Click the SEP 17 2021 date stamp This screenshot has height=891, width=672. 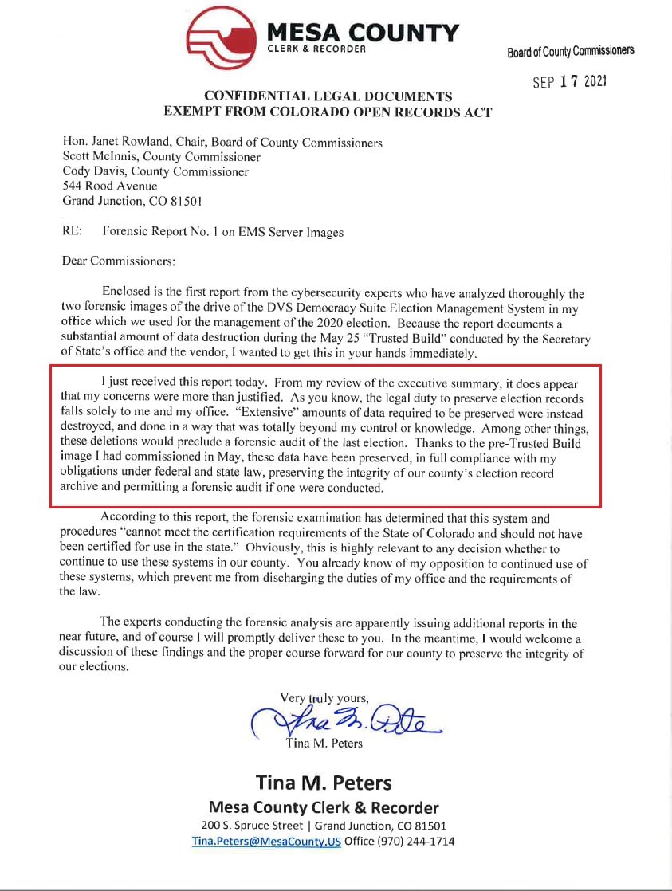pyautogui.click(x=569, y=82)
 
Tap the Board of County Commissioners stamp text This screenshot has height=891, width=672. pyautogui.click(x=570, y=52)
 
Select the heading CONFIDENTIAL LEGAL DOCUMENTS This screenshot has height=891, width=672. pyautogui.click(x=328, y=96)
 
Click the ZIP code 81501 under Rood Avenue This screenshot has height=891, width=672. pyautogui.click(x=195, y=201)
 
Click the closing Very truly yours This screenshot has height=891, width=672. pyautogui.click(x=324, y=698)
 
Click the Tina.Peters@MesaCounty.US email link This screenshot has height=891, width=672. pyautogui.click(x=266, y=841)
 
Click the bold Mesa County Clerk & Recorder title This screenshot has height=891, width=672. pyautogui.click(x=323, y=807)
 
